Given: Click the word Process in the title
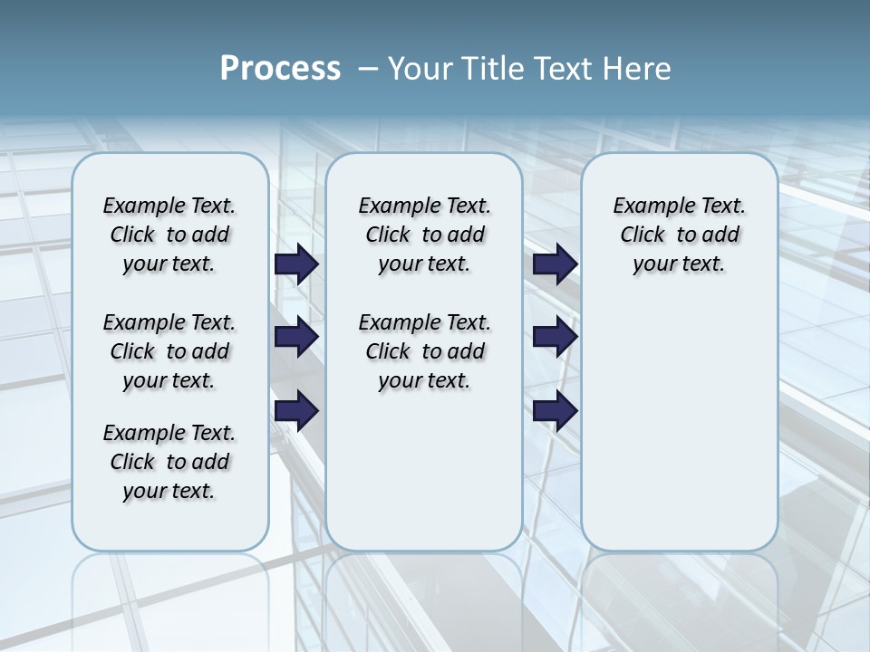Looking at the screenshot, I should click(280, 68).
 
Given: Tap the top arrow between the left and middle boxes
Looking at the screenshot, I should click(296, 264).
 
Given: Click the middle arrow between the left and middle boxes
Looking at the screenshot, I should click(296, 338).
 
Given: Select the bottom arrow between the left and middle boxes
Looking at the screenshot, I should click(296, 410).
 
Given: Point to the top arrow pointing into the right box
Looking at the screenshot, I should click(556, 264).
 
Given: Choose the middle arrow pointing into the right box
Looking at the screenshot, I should click(556, 338).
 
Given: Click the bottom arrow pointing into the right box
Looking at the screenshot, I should click(556, 410).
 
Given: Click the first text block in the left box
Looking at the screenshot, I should click(169, 235).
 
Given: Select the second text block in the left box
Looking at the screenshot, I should click(169, 351).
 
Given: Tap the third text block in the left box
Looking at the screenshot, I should click(169, 462).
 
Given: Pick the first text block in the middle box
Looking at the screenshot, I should click(424, 235).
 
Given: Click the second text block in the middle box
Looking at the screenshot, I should click(424, 351).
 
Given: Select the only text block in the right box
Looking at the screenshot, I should click(679, 235).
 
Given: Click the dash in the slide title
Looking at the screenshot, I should click(368, 68).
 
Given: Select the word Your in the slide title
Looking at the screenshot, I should click(420, 68).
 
